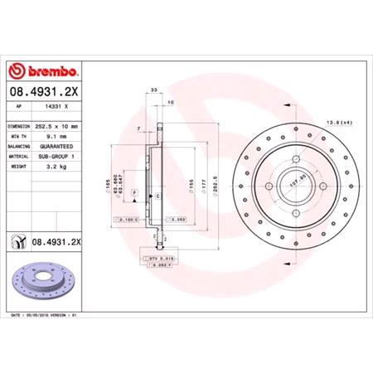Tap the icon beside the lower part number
pyautogui.click(x=17, y=241)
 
